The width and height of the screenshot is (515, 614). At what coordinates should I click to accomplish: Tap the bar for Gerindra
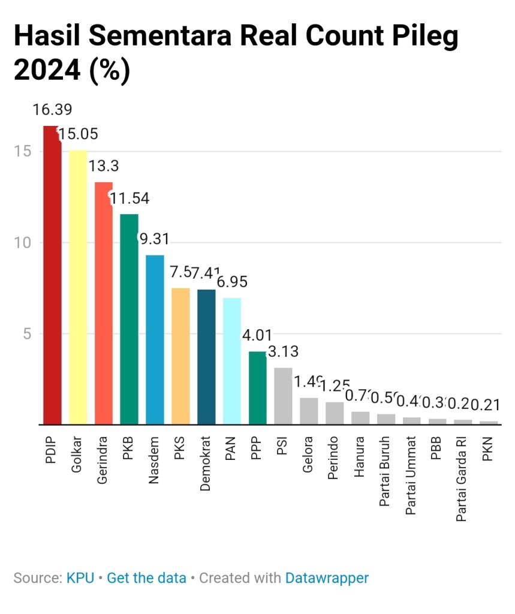tap(104, 303)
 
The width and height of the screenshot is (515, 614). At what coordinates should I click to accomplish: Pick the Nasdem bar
tap(155, 339)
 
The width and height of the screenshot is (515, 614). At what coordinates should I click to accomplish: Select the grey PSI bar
tap(283, 396)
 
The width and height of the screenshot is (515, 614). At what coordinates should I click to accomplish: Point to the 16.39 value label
tap(52, 110)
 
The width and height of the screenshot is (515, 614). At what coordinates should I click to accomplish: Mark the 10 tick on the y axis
tap(23, 243)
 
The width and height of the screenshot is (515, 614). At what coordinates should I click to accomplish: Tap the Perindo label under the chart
tap(334, 459)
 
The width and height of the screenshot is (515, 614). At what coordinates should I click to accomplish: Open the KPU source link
tap(80, 578)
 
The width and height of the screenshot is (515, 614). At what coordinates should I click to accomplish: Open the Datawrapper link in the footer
tap(327, 578)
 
